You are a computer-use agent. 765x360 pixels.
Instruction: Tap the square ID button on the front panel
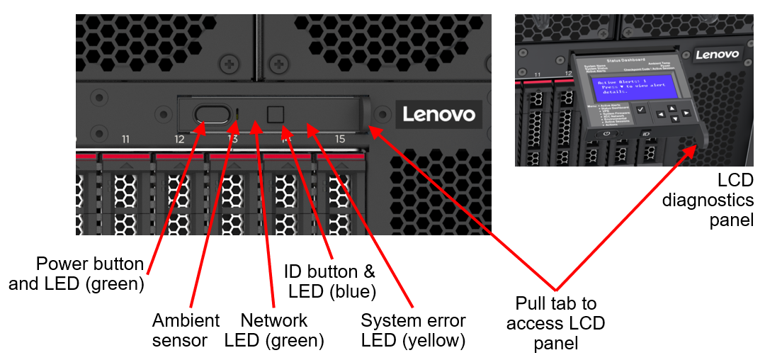tap(275, 113)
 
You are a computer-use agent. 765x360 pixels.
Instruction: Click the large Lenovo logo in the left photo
tap(438, 114)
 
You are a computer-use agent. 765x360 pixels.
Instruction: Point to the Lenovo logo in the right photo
tap(717, 54)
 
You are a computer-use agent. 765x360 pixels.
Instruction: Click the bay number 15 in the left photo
tap(340, 140)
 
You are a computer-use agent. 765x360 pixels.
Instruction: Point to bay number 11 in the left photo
tap(125, 140)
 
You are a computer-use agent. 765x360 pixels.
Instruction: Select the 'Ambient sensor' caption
tap(186, 330)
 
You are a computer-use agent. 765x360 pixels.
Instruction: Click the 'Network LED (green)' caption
tap(274, 330)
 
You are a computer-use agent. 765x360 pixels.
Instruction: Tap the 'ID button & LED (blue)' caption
tap(329, 281)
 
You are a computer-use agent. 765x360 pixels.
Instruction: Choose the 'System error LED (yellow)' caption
tap(413, 330)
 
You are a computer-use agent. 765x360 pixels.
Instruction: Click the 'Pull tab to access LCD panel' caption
tap(556, 324)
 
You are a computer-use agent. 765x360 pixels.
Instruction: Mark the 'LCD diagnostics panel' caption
tap(708, 200)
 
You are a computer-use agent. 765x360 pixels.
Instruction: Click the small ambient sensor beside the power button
tap(237, 113)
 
